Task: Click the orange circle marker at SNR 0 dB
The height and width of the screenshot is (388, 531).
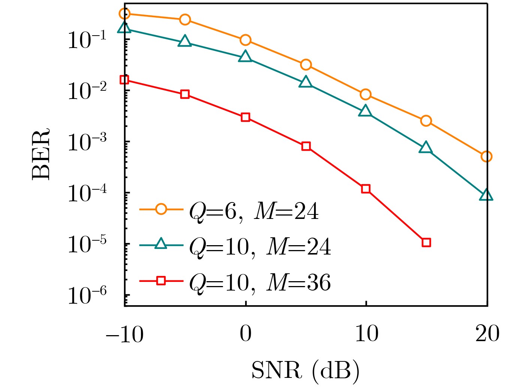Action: click(245, 40)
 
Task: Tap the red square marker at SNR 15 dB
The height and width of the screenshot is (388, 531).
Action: click(426, 243)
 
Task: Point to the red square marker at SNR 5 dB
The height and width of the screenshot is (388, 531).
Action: click(306, 146)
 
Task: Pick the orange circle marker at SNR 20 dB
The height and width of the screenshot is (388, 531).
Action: click(486, 156)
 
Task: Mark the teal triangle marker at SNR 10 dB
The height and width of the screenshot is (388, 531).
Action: click(365, 112)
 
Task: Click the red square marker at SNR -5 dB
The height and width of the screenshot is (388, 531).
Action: click(185, 94)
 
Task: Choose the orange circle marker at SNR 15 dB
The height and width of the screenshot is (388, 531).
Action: click(426, 121)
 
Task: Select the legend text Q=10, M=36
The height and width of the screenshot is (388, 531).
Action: click(260, 283)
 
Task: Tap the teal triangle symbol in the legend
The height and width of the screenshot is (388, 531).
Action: click(161, 244)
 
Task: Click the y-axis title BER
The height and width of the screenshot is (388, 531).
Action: click(40, 154)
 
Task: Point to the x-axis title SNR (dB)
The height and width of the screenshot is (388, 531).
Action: click(305, 371)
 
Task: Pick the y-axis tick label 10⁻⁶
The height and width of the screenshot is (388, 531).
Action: click(87, 296)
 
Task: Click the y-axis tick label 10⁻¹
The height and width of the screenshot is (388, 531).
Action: click(87, 40)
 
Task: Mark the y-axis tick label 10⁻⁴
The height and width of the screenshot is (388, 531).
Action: click(87, 193)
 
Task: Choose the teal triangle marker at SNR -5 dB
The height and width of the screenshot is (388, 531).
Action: click(185, 42)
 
